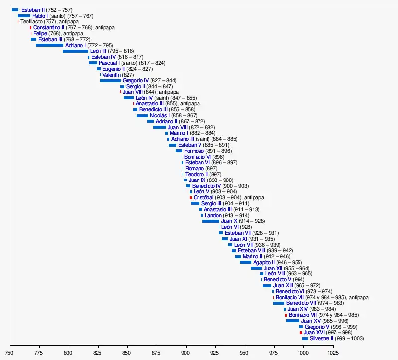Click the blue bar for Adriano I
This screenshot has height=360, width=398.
pyautogui.click(x=49, y=45)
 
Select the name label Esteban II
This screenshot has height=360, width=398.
pyautogui.click(x=33, y=10)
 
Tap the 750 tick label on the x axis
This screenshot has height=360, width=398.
pyautogui.click(x=10, y=353)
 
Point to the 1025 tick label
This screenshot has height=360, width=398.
pyautogui.click(x=333, y=353)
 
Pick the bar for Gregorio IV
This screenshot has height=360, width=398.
pyautogui.click(x=110, y=81)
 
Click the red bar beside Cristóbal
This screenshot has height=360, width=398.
pyautogui.click(x=191, y=198)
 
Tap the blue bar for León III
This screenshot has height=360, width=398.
pyautogui.click(x=75, y=51)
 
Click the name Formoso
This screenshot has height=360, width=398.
pyautogui.click(x=194, y=151)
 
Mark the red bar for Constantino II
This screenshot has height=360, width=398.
pyautogui.click(x=30, y=28)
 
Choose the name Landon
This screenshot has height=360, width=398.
pyautogui.click(x=213, y=215)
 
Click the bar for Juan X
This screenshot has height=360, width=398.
pyautogui.click(x=210, y=221)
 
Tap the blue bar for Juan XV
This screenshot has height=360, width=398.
pyautogui.click(x=293, y=321)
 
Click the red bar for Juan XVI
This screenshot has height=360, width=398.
pyautogui.click(x=300, y=333)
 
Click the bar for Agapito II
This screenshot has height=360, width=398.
pyautogui.click(x=246, y=262)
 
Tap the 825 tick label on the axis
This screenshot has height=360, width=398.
pyautogui.click(x=98, y=353)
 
